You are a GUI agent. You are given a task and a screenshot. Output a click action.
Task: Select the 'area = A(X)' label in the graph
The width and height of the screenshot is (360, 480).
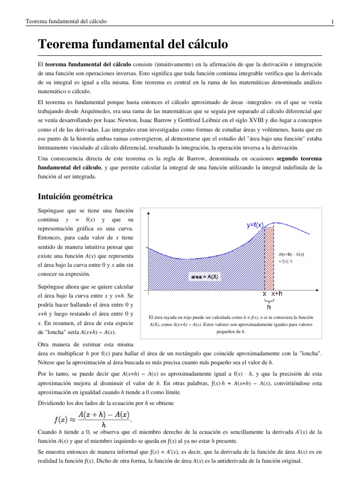pos(204,277)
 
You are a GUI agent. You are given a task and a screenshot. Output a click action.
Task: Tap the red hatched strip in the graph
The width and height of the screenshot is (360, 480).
pos(269,258)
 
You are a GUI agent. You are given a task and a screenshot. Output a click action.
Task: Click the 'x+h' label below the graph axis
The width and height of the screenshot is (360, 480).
pos(277,293)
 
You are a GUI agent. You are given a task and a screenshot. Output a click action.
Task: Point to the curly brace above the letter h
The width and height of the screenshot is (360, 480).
pos(269,300)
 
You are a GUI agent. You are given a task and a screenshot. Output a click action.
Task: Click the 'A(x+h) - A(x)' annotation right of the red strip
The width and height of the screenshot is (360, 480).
pos(291,254)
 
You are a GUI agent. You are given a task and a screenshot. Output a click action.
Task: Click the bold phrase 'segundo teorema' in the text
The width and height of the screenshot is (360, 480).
pos(299,159)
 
